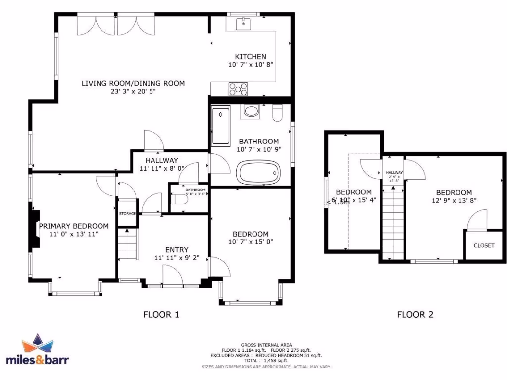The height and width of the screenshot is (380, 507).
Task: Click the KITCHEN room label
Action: (251, 57)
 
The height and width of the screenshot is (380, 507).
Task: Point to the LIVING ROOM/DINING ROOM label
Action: (133, 83)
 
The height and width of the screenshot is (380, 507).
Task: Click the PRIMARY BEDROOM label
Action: (74, 226)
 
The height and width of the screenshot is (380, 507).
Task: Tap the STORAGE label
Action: (127, 213)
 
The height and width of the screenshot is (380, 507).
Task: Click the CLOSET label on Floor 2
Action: (484, 245)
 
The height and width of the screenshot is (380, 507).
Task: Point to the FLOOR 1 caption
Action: (161, 314)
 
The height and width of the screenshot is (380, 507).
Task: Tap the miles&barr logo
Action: (37, 351)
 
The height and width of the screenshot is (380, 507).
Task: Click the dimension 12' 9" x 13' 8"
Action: (454, 201)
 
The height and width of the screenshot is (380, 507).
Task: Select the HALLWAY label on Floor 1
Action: (161, 160)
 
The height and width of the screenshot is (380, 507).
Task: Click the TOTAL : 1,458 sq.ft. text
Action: (266, 361)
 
